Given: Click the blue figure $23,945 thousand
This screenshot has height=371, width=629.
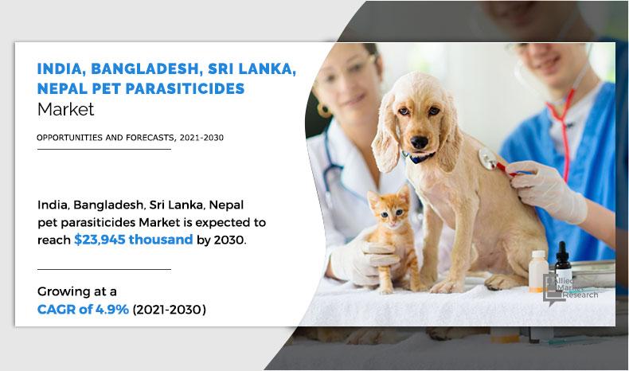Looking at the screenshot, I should click(x=133, y=239).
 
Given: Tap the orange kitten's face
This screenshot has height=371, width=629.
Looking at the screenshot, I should click(x=385, y=209).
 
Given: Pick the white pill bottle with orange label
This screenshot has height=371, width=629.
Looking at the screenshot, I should click(x=538, y=271).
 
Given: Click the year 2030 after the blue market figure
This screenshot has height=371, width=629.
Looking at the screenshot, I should click(x=232, y=239).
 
